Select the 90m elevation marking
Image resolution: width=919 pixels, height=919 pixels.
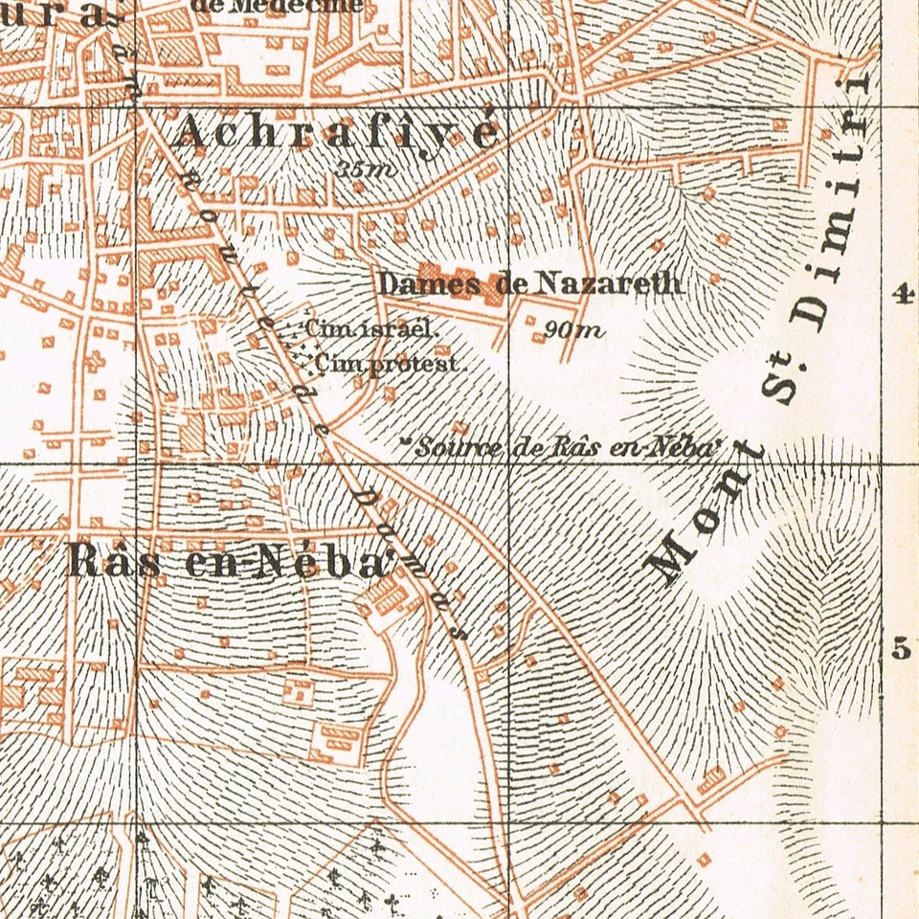(x=572, y=330)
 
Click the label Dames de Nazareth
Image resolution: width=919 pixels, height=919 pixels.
(x=529, y=283)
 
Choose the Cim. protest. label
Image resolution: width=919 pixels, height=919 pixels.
(x=388, y=364)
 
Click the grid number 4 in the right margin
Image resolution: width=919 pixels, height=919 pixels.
(x=900, y=295)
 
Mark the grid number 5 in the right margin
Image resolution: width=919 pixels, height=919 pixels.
(x=900, y=650)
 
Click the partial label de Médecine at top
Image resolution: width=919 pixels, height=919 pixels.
(x=277, y=6)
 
